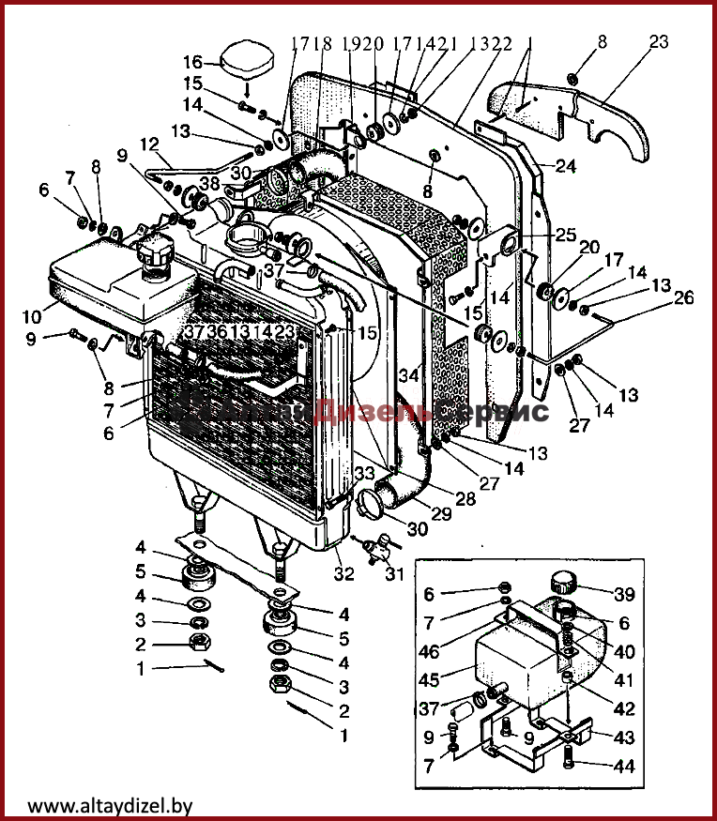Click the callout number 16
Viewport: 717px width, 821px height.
191,63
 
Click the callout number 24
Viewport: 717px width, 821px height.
565,167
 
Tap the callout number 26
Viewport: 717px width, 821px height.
684,299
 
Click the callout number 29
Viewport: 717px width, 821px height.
440,514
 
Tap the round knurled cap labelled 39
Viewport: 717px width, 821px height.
567,582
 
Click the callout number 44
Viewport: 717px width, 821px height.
624,767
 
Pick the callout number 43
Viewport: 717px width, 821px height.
624,738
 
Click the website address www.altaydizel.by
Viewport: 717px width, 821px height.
110,804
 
